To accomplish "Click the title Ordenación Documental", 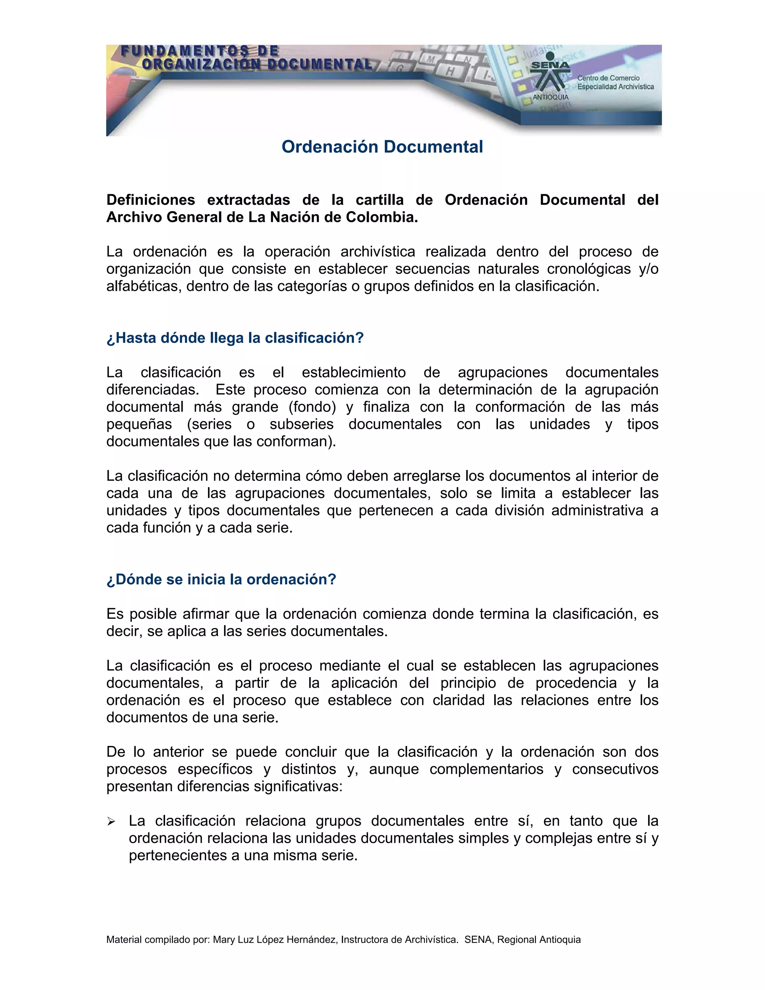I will click(382, 147).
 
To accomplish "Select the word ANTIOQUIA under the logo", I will click(550, 98).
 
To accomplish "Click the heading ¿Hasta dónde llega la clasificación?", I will click(235, 338).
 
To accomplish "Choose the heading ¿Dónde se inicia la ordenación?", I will click(221, 579).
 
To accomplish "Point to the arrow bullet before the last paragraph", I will click(111, 822).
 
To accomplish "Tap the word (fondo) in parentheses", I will click(312, 407).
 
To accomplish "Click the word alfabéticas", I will click(142, 286).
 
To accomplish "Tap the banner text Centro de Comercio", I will click(608, 78).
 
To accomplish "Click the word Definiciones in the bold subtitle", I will click(151, 200).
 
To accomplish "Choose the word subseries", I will click(301, 424).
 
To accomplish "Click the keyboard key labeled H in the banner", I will click(450, 71).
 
